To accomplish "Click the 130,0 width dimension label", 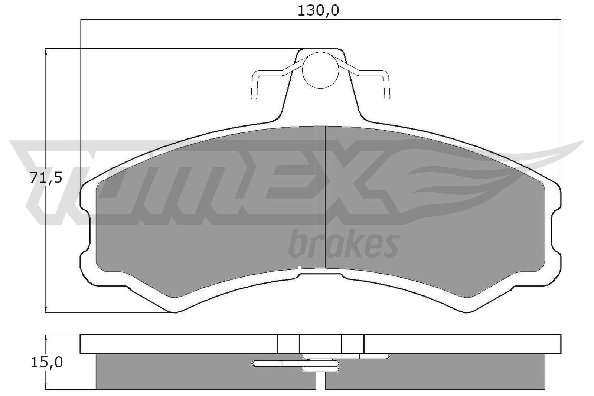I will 319,11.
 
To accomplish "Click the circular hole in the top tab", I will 321,70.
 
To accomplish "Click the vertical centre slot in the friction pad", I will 320,197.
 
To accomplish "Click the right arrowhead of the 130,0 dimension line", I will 558,19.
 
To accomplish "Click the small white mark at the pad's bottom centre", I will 299,268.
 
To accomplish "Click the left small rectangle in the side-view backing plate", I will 288,344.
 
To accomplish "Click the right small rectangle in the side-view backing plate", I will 353,344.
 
